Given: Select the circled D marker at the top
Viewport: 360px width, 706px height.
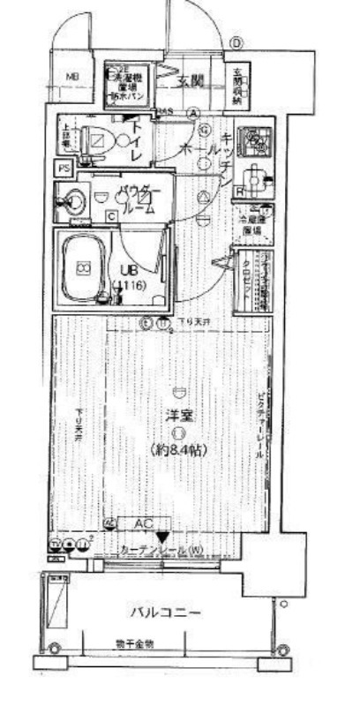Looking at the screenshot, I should click(x=236, y=42).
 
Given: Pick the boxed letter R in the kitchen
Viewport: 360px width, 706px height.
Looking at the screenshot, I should click(x=239, y=189).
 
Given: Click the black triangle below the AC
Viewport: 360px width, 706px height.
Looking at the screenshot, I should click(x=161, y=537).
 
